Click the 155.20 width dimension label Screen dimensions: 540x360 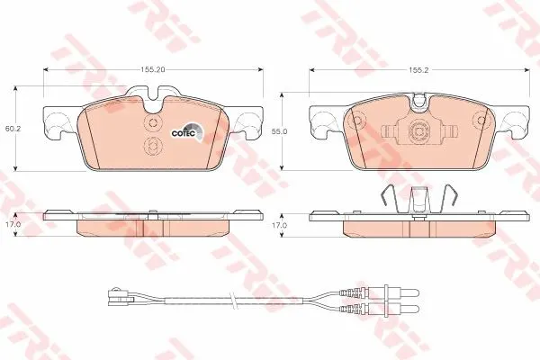click(x=153, y=69)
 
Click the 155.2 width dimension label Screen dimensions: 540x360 click(x=418, y=70)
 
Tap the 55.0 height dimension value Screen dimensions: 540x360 click(x=279, y=131)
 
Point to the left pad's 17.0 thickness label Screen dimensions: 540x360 click(x=13, y=224)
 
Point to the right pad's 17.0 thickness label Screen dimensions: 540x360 click(x=279, y=225)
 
